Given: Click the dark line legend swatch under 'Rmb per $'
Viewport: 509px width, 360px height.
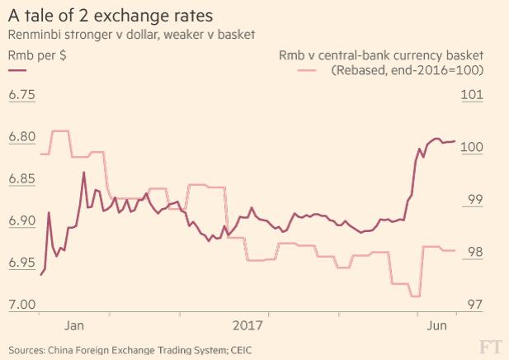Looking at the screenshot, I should pyautogui.click(x=17, y=71).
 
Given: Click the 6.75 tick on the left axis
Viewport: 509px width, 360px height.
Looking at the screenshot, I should pyautogui.click(x=22, y=95).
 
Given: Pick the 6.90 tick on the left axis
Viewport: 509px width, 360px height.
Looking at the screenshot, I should pyautogui.click(x=22, y=221).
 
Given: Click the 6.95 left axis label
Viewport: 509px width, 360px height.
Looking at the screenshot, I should pyautogui.click(x=22, y=263).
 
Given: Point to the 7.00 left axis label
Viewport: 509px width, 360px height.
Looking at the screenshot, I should pyautogui.click(x=22, y=306).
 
